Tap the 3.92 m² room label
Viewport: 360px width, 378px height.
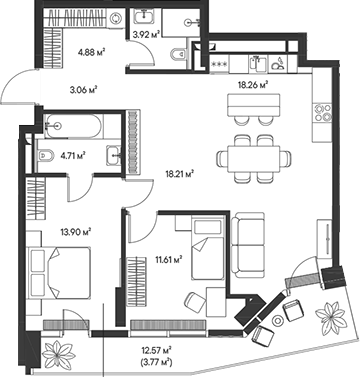click(147, 33)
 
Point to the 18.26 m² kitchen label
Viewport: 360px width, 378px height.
click(254, 85)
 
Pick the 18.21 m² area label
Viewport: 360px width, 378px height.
click(177, 171)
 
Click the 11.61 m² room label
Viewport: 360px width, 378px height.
click(169, 260)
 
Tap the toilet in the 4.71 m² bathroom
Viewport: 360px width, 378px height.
click(48, 155)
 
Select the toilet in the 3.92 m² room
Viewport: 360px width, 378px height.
click(178, 54)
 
